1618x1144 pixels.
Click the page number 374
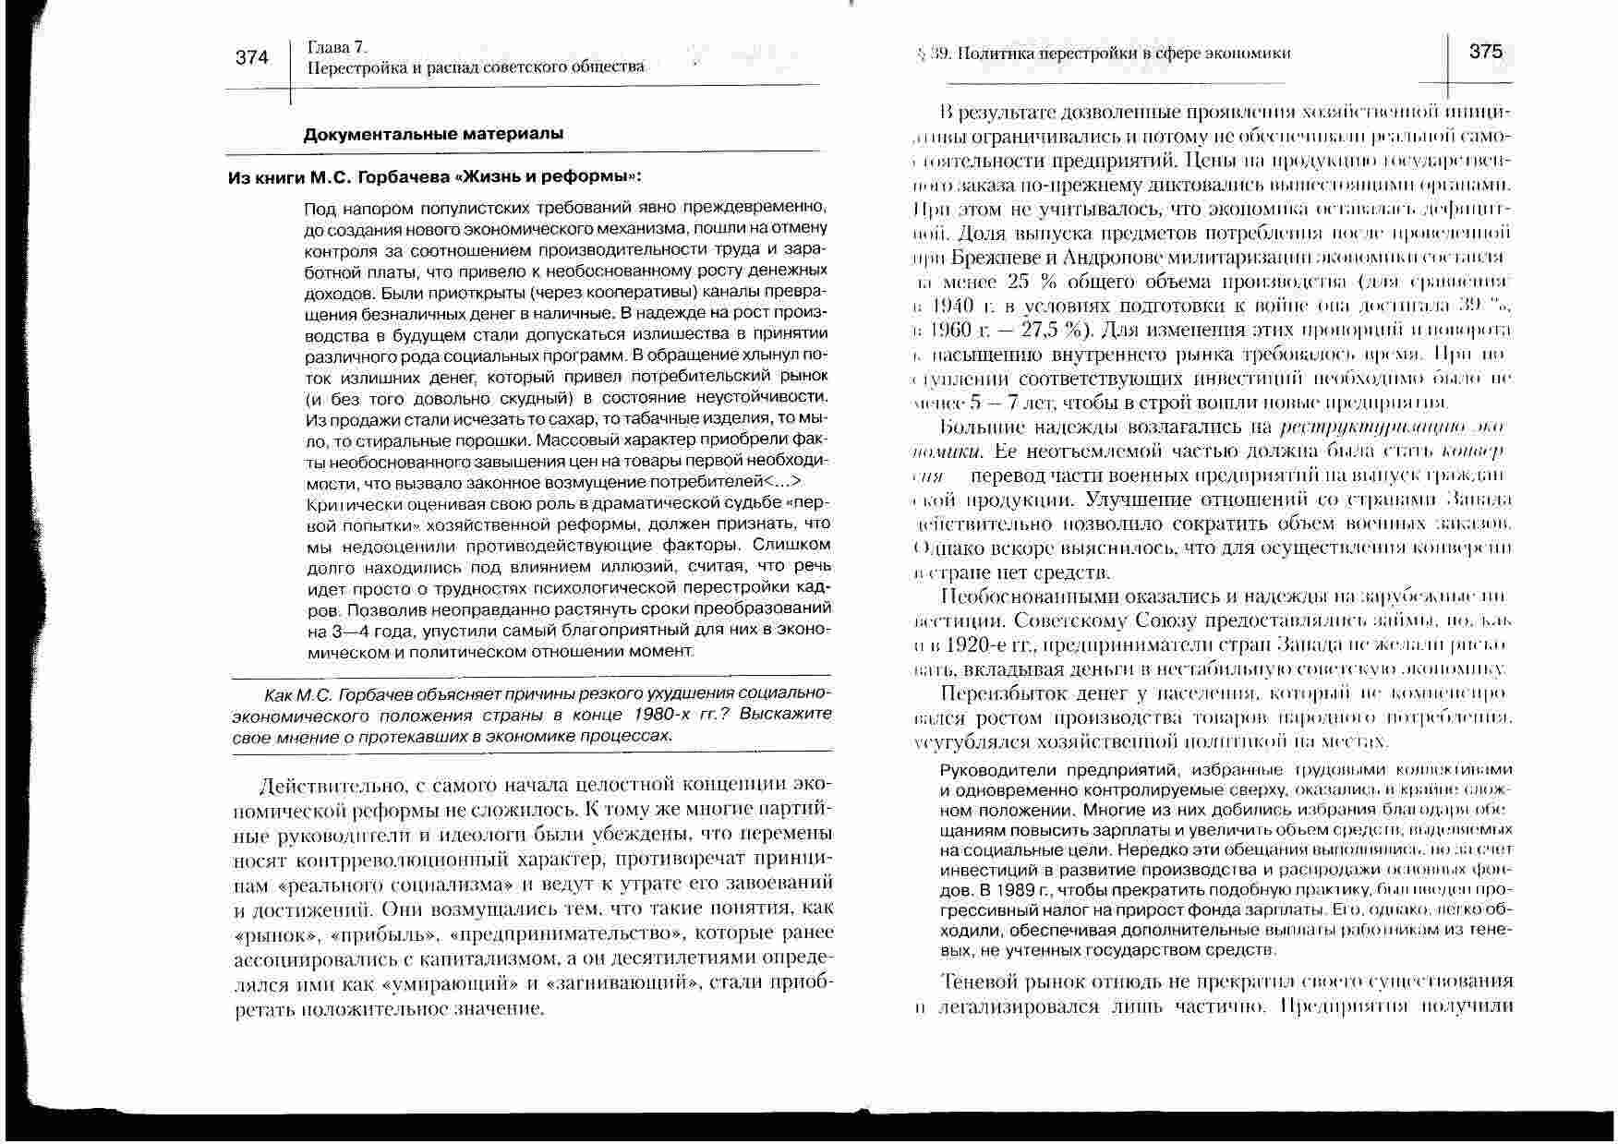click(x=251, y=58)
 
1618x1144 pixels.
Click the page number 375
click(x=1486, y=53)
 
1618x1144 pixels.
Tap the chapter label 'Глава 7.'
click(x=338, y=47)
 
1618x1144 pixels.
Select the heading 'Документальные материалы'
click(x=433, y=134)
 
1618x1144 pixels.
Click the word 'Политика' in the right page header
click(x=996, y=54)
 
